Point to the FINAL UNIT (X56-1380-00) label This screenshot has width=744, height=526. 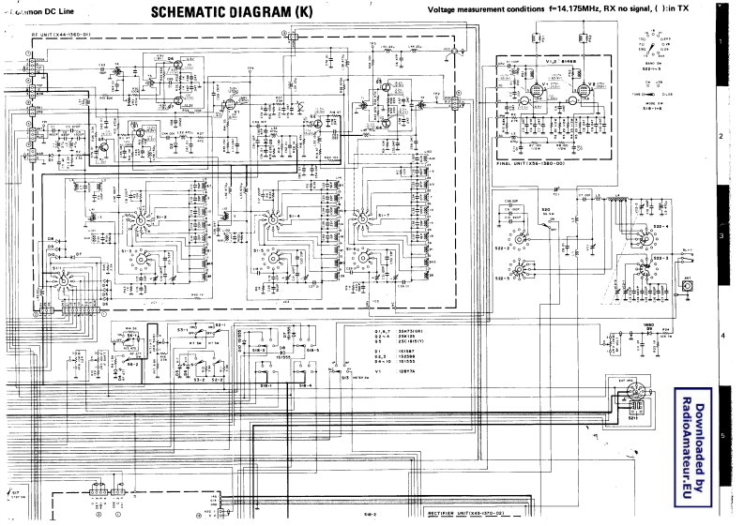pyautogui.click(x=533, y=163)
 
